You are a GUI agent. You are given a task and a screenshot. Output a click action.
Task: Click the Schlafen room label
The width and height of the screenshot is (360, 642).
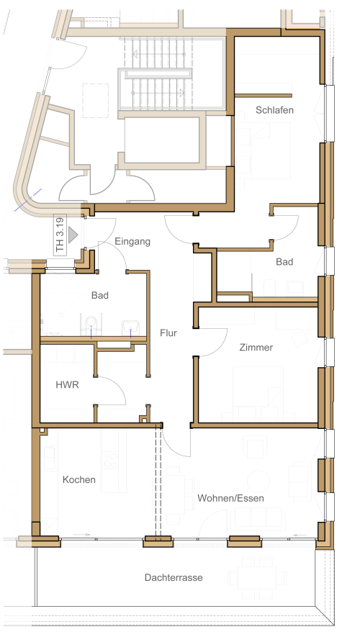(x=274, y=110)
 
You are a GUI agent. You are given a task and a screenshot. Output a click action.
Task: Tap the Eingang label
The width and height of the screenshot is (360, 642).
(x=132, y=242)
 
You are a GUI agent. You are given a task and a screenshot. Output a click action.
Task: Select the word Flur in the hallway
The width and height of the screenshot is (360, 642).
(x=168, y=333)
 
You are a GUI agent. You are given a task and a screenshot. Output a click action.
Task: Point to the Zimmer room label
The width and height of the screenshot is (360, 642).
(x=256, y=348)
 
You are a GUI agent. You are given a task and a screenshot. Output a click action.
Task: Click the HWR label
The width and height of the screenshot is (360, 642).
(x=67, y=385)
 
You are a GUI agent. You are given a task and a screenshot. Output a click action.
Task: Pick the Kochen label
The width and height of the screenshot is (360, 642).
(x=79, y=479)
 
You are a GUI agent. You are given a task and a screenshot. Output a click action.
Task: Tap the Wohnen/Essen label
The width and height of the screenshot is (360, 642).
(x=230, y=498)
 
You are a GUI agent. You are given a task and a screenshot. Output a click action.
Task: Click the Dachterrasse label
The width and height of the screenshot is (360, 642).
(x=174, y=578)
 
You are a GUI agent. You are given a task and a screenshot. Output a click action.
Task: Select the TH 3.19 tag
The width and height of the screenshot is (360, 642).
(x=60, y=235)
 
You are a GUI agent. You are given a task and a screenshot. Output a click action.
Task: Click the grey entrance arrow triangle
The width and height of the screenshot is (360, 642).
(x=73, y=235)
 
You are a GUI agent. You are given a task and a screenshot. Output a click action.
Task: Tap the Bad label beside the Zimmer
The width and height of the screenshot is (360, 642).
(x=284, y=262)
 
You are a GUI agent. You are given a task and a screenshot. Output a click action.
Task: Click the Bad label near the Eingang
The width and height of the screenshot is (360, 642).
(x=99, y=295)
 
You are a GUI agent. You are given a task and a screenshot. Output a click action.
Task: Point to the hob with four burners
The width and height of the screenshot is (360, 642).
(x=109, y=459)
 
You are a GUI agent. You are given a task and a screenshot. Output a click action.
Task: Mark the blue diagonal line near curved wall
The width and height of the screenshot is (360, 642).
(x=28, y=200)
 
